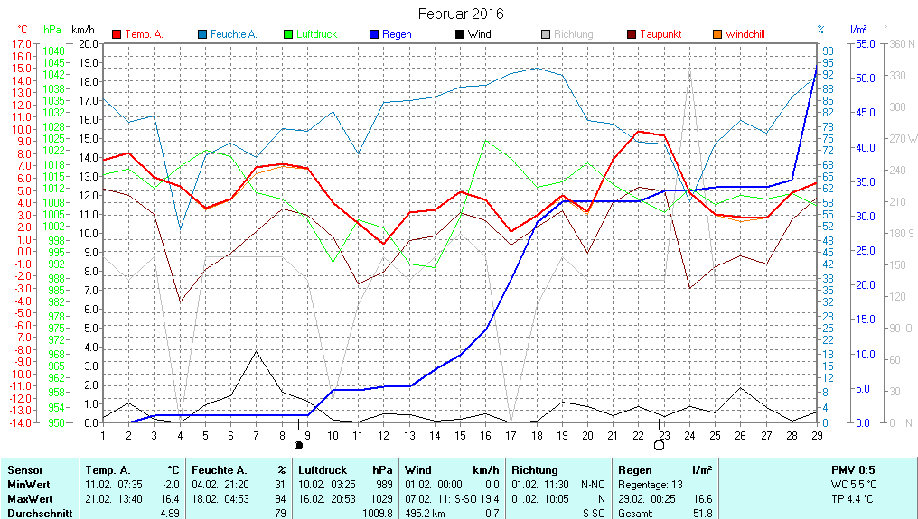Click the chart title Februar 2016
tap(461, 14)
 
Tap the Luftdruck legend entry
tap(316, 34)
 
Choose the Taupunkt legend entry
tap(660, 34)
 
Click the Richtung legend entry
tap(573, 34)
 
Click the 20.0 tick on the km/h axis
tap(89, 43)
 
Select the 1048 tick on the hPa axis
tap(54, 51)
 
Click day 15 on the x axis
tap(460, 435)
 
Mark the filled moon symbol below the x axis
tap(299, 445)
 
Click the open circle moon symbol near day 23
tap(659, 445)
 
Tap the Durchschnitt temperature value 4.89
tap(168, 513)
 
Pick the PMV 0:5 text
tap(853, 470)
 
